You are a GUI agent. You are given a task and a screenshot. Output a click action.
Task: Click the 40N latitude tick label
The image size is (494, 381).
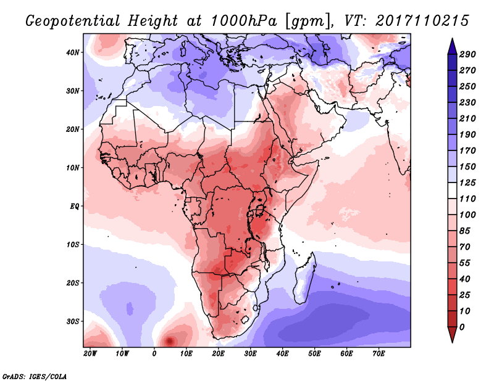[x=72, y=52]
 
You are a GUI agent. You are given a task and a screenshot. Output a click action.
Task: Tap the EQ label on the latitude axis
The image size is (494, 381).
[x=74, y=207]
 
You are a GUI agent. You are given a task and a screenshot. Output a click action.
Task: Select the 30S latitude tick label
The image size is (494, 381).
[x=72, y=321]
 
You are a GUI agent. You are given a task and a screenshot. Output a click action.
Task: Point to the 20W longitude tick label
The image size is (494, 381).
[x=90, y=354]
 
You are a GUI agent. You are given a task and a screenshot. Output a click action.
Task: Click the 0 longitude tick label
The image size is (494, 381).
[x=154, y=354]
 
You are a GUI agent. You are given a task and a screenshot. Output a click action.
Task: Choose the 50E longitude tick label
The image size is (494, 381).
[x=314, y=354]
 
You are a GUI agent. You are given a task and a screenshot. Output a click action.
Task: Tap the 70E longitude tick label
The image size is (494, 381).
[x=379, y=354]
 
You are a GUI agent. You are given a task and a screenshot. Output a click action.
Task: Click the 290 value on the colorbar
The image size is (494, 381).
[x=467, y=54]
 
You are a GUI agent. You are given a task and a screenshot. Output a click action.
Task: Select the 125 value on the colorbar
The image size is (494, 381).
[x=467, y=182]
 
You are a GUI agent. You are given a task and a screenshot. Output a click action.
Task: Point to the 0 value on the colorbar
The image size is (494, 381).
[x=462, y=327]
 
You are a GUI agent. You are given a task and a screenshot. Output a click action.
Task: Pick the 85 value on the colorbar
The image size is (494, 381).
[x=465, y=231]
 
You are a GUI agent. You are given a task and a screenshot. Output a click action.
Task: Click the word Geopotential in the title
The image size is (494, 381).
[x=73, y=21]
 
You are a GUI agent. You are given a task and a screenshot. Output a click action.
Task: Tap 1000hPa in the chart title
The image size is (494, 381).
[x=244, y=21]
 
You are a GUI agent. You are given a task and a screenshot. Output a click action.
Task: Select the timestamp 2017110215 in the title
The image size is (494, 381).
[x=422, y=21]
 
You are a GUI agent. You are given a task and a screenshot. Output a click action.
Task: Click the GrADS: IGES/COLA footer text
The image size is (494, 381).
[x=35, y=376]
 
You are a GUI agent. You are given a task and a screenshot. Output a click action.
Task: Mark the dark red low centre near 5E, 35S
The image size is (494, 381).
[x=169, y=341]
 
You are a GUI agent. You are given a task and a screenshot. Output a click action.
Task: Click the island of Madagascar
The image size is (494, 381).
[x=304, y=279]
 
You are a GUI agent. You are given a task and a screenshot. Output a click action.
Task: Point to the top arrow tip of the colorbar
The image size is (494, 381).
[x=453, y=39]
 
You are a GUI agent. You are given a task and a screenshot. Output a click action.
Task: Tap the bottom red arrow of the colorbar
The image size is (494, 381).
[x=453, y=334]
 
